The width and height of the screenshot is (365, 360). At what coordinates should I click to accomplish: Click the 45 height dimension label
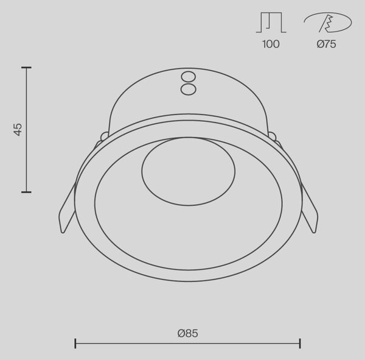(x=18, y=129)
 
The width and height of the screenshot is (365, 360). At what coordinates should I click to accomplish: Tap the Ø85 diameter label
(x=187, y=333)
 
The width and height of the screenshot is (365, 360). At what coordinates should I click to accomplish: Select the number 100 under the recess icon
(x=271, y=44)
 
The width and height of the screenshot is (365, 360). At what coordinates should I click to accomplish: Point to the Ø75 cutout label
(x=326, y=44)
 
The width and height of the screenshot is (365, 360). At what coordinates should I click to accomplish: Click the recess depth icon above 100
(x=271, y=23)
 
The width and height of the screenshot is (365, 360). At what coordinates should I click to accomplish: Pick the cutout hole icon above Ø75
(x=328, y=23)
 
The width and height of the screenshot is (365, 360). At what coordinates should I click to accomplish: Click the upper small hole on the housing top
(x=189, y=77)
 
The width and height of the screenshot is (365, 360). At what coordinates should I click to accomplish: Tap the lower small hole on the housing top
(x=189, y=89)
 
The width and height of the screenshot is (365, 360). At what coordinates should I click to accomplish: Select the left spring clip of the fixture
(x=67, y=209)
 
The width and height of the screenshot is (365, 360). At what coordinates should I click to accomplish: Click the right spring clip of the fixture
(x=309, y=209)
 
